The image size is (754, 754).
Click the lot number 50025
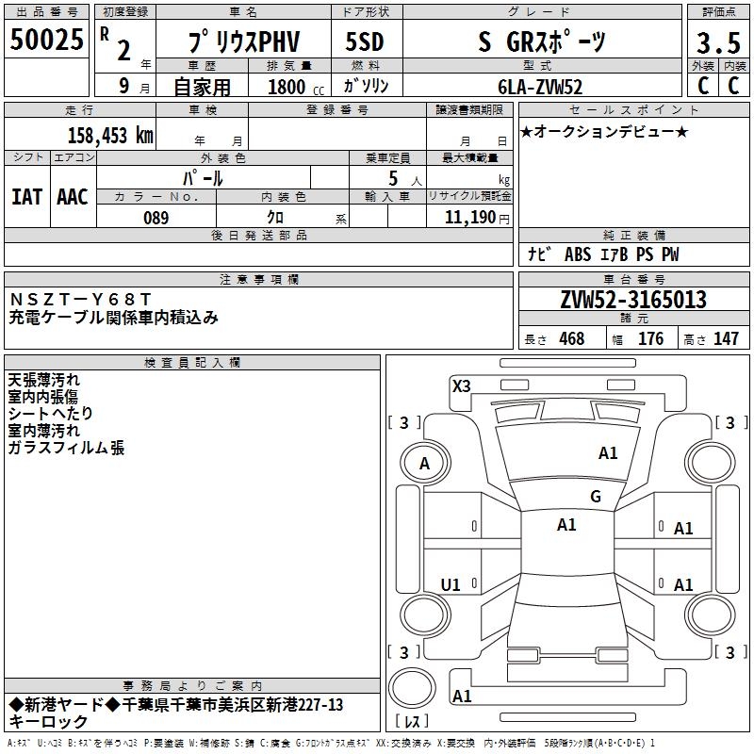pos(47,40)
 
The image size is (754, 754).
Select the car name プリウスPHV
pos(242,41)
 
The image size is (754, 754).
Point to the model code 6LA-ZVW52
pos(540,87)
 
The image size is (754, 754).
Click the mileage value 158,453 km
pos(110,135)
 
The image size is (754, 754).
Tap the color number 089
pos(156,218)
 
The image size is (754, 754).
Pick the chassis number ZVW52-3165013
pos(632,301)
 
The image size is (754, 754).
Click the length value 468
pos(571,339)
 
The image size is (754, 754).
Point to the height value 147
pos(726,339)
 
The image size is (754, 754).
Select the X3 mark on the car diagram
pos(461,385)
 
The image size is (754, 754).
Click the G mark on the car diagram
pos(595,497)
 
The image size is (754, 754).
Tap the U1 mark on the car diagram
pos(451,585)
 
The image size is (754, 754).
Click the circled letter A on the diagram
pos(424,464)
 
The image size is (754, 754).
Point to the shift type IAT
pos(26,196)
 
